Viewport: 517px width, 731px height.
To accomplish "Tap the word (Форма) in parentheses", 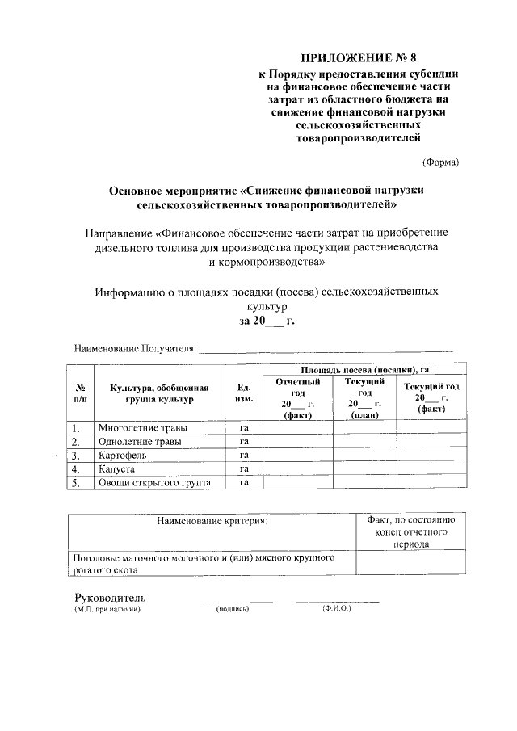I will point(441,162).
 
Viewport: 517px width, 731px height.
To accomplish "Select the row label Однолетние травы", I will point(140,441).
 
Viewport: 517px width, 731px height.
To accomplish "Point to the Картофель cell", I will point(123,455).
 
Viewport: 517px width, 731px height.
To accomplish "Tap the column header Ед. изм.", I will point(245,393).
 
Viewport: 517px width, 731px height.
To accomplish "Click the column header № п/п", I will point(81,393).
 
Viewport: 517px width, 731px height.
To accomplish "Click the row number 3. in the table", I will point(76,455).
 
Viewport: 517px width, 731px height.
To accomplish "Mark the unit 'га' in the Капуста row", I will point(244,468).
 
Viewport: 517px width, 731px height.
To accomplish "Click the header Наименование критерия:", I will point(212,521).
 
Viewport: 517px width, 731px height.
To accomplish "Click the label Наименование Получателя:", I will point(135,348).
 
